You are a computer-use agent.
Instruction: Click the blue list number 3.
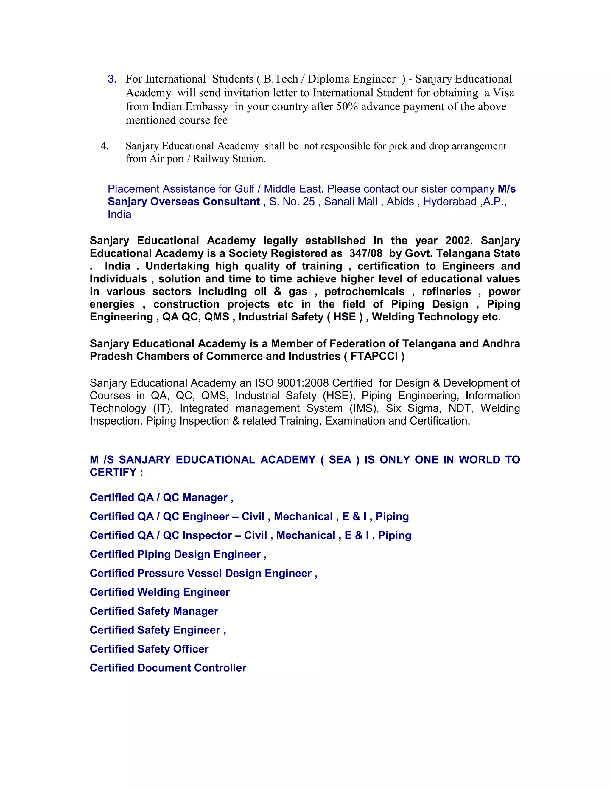coord(112,79)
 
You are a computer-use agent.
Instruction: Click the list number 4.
coord(105,146)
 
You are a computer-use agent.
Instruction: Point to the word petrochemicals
coord(364,292)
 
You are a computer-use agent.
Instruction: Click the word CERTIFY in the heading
coord(113,473)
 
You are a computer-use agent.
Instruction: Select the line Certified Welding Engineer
coord(160,592)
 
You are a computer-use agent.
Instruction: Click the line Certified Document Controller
coord(168,668)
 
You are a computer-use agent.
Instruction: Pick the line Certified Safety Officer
coord(149,649)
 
